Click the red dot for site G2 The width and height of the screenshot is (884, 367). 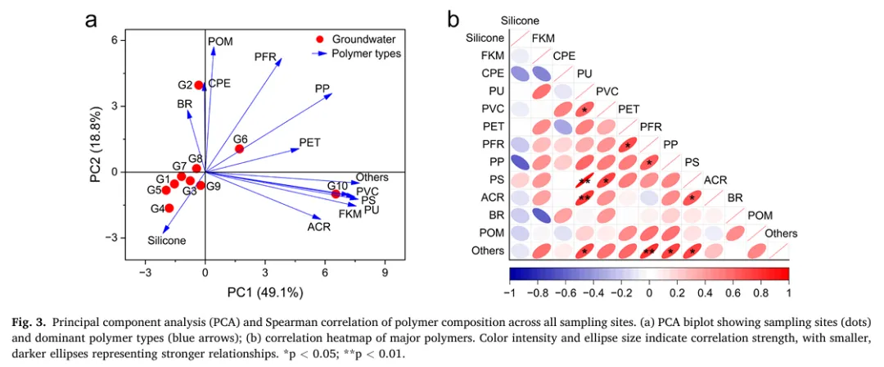point(198,84)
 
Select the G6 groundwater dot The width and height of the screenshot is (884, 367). point(239,149)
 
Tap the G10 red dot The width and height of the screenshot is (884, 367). point(336,194)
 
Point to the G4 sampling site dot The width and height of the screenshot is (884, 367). point(169,208)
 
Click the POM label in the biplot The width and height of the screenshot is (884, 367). point(220,41)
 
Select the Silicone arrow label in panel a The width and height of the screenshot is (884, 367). point(166,241)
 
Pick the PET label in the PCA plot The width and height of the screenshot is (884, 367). point(309,143)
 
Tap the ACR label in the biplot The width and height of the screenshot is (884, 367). point(318,227)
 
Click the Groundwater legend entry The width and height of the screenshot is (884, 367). point(364,39)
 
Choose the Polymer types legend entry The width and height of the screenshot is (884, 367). point(366,53)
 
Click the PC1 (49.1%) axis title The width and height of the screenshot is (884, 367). point(265,292)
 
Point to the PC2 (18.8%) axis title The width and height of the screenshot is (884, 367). point(96,150)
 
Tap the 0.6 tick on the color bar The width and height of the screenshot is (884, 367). point(733,291)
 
